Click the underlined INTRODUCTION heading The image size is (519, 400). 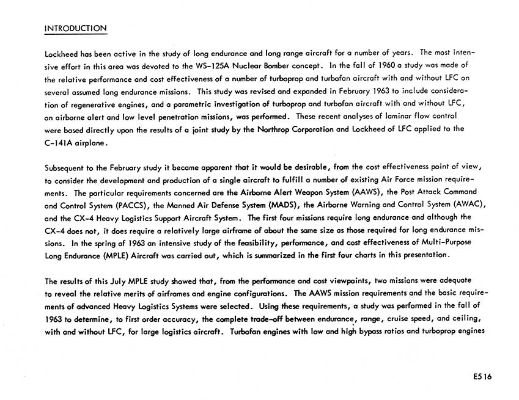pyautogui.click(x=76, y=28)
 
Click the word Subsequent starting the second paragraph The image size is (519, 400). pyautogui.click(x=65, y=168)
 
